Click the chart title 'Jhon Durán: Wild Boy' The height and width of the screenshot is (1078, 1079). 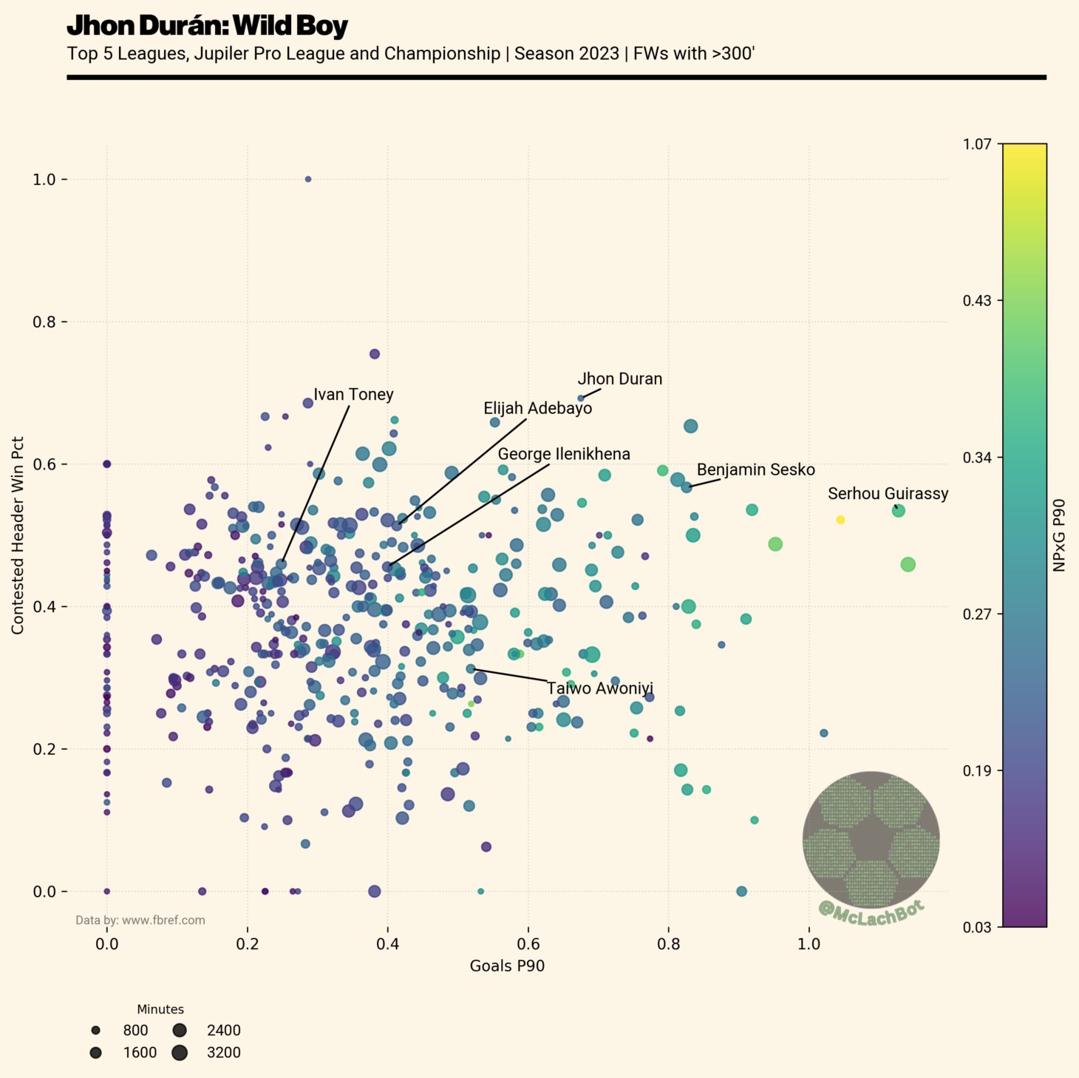click(x=207, y=27)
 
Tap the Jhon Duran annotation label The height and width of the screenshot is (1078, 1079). click(x=619, y=379)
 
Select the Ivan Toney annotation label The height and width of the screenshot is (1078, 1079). click(x=353, y=395)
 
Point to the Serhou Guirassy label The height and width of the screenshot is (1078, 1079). click(x=888, y=494)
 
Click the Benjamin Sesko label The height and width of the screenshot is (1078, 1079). click(x=755, y=470)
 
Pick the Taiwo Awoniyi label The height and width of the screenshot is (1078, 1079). click(x=599, y=689)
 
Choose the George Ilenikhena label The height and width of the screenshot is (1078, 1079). click(x=564, y=455)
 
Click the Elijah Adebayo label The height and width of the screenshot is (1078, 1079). click(x=537, y=409)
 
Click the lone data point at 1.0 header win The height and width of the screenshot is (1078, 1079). click(x=308, y=179)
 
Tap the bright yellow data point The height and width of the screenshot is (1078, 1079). click(x=840, y=520)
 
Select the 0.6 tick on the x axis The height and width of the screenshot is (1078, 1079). click(x=528, y=944)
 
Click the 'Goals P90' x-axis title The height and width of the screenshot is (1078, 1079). click(x=507, y=966)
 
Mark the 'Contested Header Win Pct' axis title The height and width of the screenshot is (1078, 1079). click(x=18, y=535)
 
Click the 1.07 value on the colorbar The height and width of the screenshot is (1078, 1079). click(x=976, y=143)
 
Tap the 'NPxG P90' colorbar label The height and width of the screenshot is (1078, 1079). click(x=1059, y=535)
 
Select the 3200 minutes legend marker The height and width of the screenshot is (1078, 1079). click(x=180, y=1053)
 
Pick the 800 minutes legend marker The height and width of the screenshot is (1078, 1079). click(x=95, y=1031)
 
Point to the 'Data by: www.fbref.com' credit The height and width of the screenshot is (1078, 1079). click(x=140, y=921)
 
